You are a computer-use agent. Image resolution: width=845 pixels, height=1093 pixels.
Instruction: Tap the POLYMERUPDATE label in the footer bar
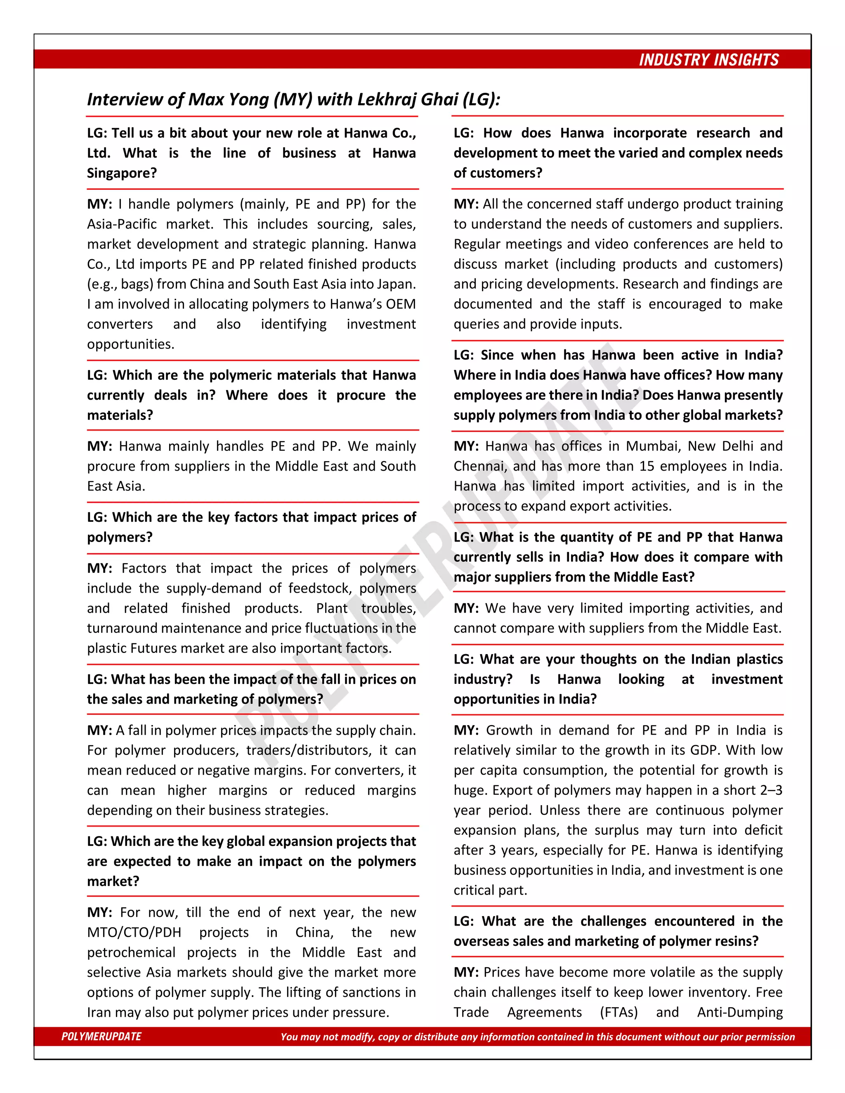coord(101,1036)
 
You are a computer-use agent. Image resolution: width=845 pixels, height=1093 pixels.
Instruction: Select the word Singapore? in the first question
coord(122,173)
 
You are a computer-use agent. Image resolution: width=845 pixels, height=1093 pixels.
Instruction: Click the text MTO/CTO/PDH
coord(134,933)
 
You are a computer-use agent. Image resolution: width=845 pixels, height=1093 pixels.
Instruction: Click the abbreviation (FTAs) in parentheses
coord(619,1013)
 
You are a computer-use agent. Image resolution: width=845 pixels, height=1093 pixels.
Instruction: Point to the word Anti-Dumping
coord(739,1013)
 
